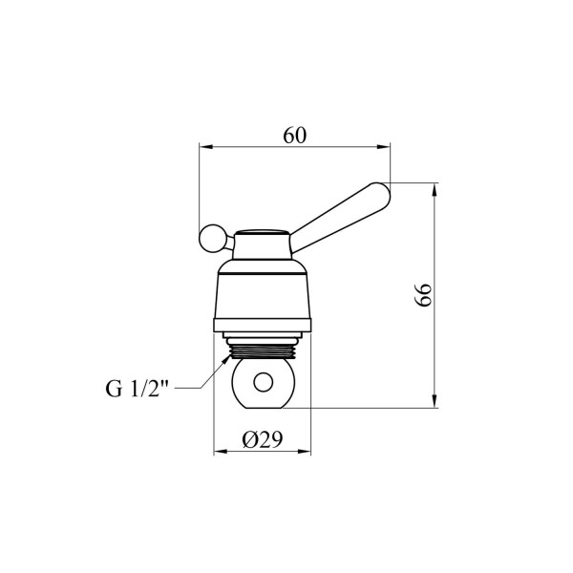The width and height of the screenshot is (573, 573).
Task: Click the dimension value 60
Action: click(294, 136)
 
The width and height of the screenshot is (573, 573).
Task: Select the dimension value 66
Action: click(423, 295)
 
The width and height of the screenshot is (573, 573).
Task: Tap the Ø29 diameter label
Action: click(263, 439)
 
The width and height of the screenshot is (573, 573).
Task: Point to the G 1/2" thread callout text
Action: click(137, 389)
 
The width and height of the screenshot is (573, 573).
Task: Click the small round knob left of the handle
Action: click(211, 238)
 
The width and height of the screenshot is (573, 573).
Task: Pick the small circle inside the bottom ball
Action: click(264, 383)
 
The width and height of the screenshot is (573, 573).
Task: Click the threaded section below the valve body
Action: click(262, 351)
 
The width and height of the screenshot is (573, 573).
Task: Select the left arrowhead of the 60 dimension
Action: click(205, 147)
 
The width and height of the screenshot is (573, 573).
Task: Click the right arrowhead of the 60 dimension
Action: click(384, 147)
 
